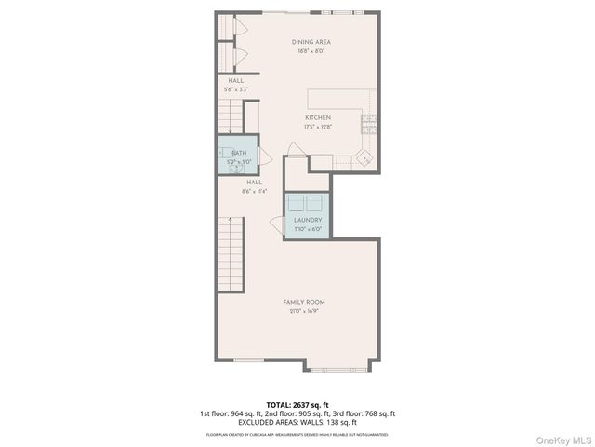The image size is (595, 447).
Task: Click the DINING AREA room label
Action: pos(311,42)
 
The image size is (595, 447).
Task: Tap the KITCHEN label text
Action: pos(318,117)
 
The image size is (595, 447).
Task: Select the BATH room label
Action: pos(239,153)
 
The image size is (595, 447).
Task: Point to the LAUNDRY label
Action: pos(308,220)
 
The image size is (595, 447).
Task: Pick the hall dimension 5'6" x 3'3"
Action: pos(236,89)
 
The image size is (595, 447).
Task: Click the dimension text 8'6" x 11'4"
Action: pos(254,191)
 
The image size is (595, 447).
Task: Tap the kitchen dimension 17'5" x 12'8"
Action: pos(318,127)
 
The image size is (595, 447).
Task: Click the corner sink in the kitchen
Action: pos(366,159)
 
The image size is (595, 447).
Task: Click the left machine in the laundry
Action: pos(297,204)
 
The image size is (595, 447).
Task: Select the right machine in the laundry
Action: pos(317,204)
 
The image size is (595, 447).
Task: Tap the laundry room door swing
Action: pos(277,223)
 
